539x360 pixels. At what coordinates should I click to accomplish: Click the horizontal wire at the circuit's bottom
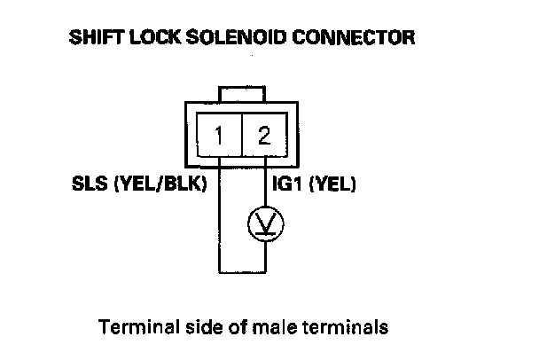tap(240, 272)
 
